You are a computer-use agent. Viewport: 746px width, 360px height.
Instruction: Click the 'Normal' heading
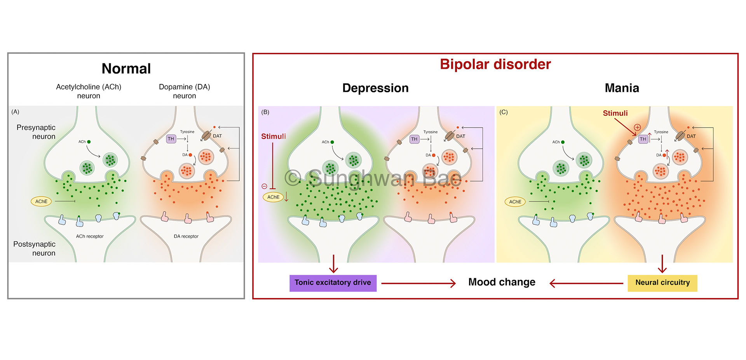126,69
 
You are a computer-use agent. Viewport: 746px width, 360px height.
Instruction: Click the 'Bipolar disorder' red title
495,64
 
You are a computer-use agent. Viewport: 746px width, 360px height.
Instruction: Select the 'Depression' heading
375,88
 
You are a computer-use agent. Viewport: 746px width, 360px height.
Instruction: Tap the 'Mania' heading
621,88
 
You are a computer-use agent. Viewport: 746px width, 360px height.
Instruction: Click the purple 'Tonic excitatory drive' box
333,283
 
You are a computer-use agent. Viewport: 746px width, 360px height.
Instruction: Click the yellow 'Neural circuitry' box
662,283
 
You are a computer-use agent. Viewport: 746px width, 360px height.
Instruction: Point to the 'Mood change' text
501,282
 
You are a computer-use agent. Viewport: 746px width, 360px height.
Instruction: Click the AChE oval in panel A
41,201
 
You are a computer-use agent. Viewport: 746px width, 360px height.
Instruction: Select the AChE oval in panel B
273,197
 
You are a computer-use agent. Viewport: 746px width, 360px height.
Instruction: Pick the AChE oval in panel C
515,202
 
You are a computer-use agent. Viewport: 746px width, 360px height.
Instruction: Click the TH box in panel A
171,139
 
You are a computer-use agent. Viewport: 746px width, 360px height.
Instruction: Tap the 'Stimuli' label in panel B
273,136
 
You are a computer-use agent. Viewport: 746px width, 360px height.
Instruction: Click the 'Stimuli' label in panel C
615,113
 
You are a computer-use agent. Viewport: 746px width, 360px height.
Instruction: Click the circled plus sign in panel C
637,128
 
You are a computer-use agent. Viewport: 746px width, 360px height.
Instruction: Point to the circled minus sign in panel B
264,186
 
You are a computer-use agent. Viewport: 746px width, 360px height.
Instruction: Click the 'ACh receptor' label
90,236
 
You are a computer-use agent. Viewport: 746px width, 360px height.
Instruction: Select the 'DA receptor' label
186,236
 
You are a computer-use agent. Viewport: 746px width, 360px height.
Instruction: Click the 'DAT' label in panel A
217,136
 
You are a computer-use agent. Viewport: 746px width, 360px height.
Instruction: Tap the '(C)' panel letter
504,112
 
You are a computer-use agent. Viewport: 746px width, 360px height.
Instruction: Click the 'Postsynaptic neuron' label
35,248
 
